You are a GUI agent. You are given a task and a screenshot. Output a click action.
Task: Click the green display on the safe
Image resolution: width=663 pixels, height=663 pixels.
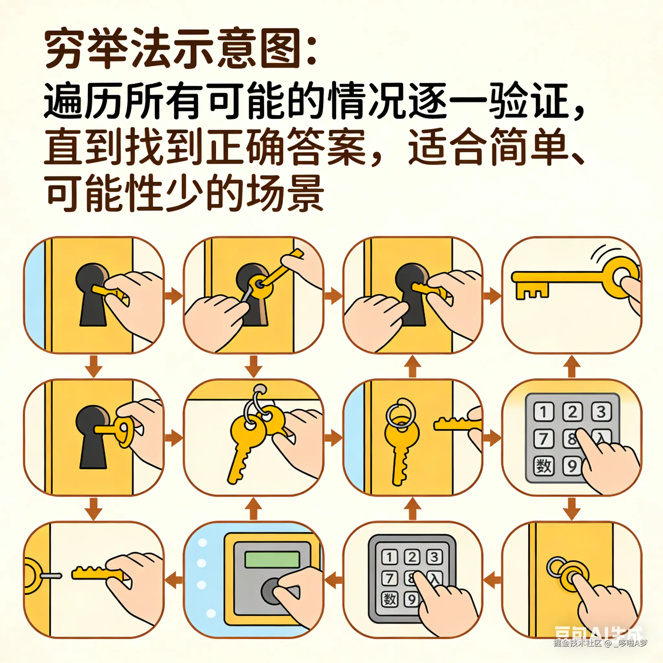272,559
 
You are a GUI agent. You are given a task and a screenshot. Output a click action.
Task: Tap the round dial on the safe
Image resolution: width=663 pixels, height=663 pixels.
273,590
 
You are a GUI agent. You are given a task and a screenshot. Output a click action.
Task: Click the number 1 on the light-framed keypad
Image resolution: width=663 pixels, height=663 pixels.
544,411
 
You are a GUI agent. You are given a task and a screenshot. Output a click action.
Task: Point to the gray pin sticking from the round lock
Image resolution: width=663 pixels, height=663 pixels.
51,576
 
